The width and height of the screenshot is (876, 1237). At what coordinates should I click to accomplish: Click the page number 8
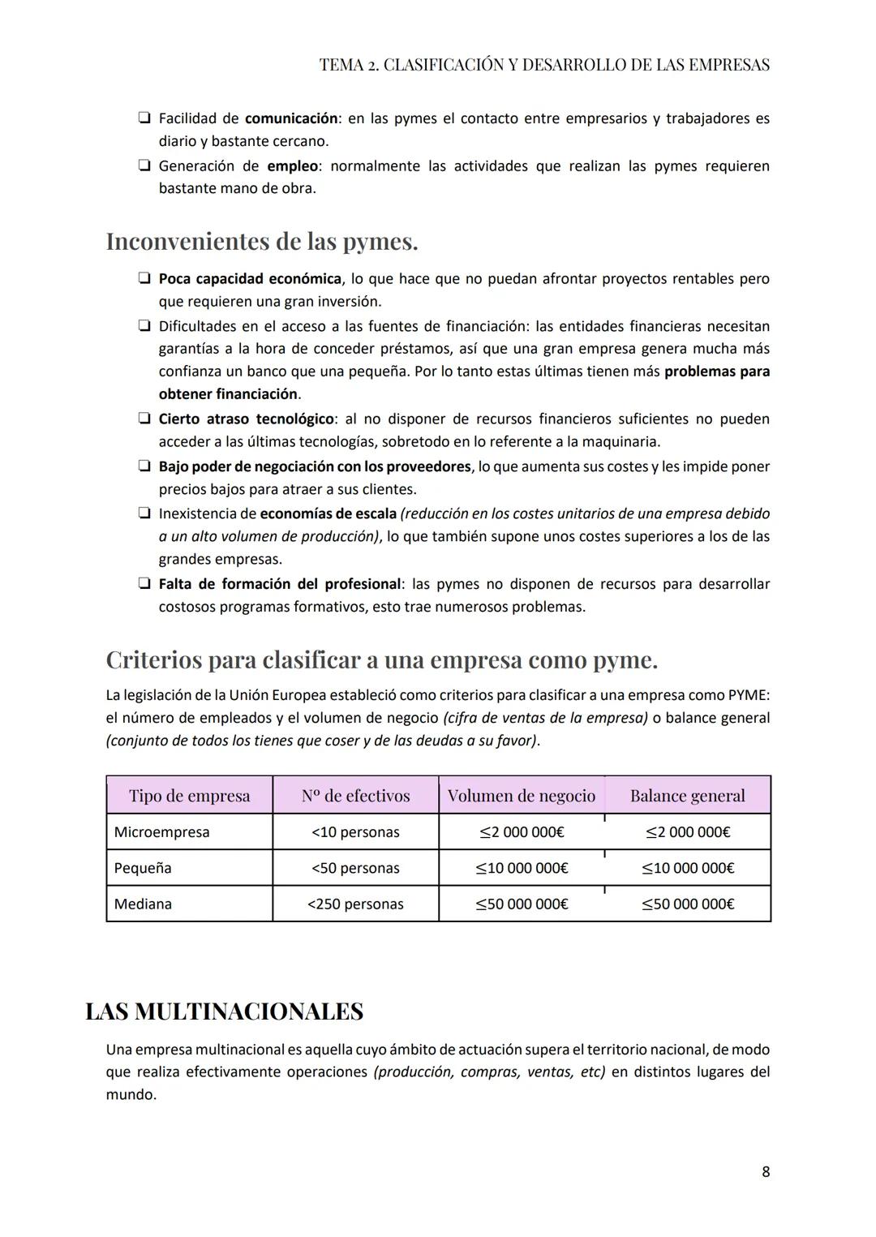766,1171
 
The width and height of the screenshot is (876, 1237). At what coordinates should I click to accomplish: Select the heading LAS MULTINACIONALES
224,1012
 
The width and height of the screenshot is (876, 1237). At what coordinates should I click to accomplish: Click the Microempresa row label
161,831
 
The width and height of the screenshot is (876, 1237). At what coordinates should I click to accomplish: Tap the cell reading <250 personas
355,904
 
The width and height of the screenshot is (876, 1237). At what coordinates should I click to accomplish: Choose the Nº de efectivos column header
355,796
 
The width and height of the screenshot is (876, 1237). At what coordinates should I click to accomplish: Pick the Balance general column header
687,796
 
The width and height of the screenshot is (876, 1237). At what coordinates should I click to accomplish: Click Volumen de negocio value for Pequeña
522,868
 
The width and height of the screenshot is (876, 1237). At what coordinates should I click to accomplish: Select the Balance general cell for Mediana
687,904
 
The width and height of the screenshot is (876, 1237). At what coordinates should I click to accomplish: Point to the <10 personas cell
355,831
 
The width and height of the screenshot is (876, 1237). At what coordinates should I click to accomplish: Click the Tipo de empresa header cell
189,796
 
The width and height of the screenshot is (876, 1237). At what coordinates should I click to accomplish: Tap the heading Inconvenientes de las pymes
262,242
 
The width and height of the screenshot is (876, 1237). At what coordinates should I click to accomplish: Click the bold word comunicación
291,118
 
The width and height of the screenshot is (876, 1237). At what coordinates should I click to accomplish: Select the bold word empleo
292,166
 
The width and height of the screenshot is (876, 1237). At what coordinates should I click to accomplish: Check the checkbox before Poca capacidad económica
144,278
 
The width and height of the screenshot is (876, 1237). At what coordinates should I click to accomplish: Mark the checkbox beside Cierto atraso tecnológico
144,419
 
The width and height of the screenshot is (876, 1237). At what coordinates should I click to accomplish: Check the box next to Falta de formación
144,584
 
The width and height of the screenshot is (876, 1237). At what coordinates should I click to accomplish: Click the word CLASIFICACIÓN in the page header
443,65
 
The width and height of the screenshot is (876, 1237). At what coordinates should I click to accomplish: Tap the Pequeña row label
143,868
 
